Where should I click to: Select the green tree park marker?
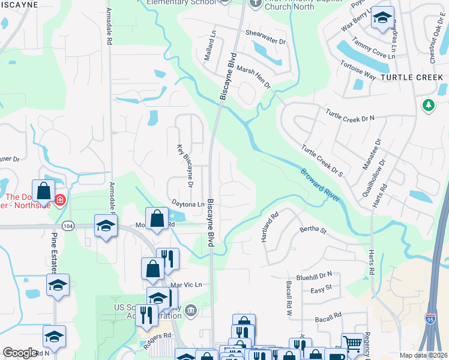(427, 106)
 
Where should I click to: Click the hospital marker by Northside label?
(59, 200)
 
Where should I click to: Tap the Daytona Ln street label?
(188, 205)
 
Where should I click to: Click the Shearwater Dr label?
(265, 34)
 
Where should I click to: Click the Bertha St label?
(313, 230)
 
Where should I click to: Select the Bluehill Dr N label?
(315, 274)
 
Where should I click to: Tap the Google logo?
(20, 353)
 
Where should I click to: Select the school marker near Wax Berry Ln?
(382, 18)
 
